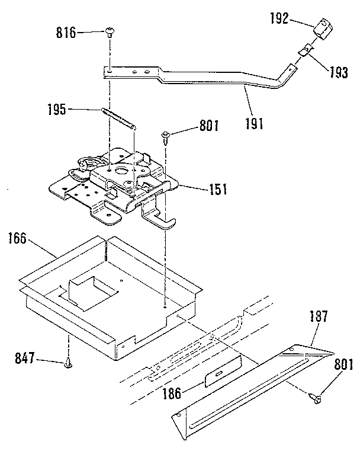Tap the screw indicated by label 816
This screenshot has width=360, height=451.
[110, 32]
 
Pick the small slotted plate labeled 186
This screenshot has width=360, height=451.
[221, 375]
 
